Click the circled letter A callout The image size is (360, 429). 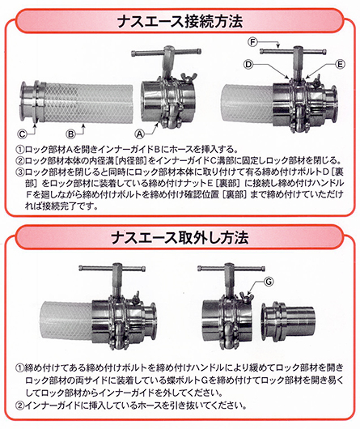pos(140,134)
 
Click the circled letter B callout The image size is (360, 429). pos(70,134)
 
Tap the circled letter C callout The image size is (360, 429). pos(22,134)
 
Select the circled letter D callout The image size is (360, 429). pos(248,65)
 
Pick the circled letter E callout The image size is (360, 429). pos(340,65)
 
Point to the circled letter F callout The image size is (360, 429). pos(253,42)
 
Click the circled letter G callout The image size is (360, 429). pos(269,281)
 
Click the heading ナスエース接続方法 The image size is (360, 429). pos(180,22)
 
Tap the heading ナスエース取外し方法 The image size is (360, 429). pos(180,237)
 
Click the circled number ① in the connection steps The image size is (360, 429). pos(20,150)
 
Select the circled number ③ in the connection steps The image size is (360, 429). pos(20,172)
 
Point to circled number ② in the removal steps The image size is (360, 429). pos(19,406)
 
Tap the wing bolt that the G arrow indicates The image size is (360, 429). pos(245,296)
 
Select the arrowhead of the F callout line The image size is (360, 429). pos(278,46)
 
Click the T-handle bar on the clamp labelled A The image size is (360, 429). pos(166,52)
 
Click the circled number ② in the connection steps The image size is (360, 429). pos(20,161)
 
